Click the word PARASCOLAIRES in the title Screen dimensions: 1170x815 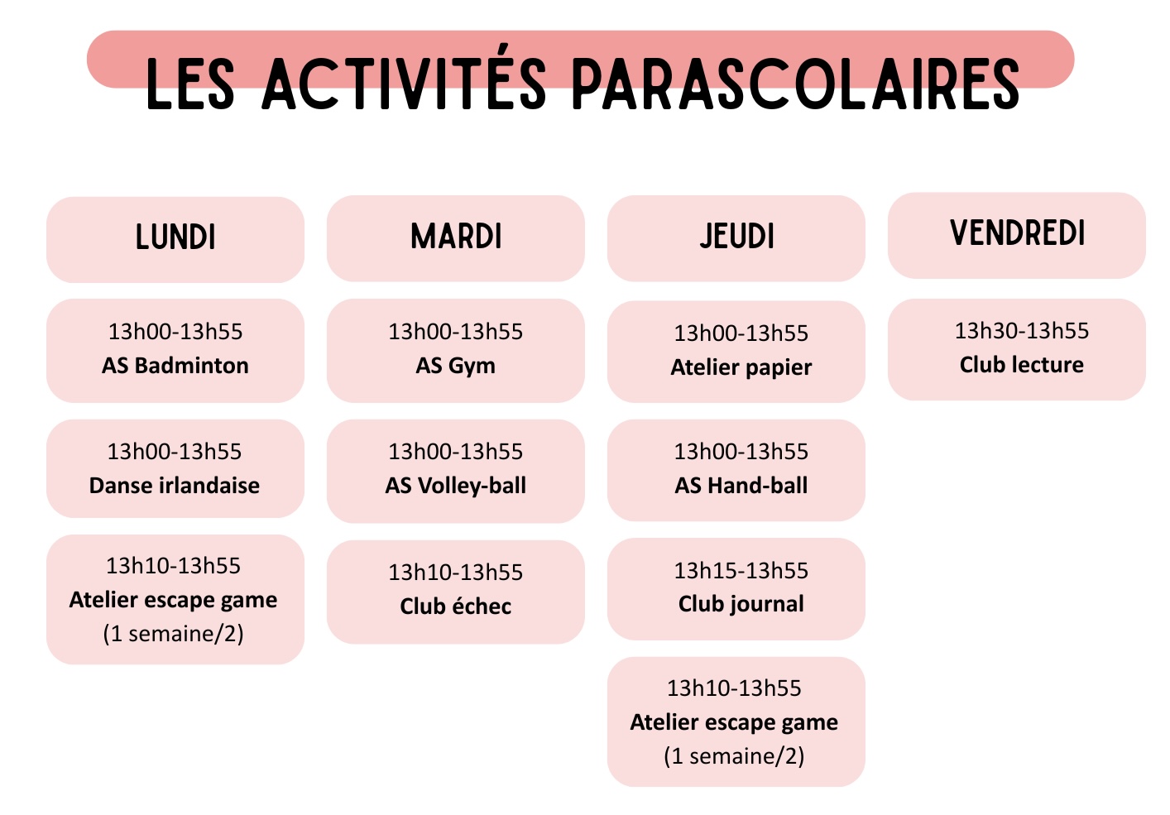(795, 84)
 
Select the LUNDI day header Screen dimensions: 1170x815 (175, 237)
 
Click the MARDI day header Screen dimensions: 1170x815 (456, 236)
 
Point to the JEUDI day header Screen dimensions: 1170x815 (737, 236)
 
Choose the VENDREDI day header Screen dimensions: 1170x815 (1018, 233)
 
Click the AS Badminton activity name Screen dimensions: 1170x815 (175, 366)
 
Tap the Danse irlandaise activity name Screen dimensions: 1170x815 (175, 486)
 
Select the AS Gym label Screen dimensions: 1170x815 (455, 367)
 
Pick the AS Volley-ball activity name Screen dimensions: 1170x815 (455, 486)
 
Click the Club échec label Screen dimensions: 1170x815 (455, 606)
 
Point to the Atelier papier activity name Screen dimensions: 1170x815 (741, 367)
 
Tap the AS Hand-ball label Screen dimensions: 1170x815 (741, 486)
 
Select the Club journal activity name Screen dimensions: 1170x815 (741, 605)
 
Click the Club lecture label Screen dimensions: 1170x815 (1022, 365)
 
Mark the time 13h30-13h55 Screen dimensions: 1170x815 (1022, 331)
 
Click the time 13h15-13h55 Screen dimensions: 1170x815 (741, 571)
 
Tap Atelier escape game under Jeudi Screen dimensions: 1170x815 (734, 722)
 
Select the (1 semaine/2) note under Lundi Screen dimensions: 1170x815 (174, 634)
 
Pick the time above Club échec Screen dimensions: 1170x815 (455, 573)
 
